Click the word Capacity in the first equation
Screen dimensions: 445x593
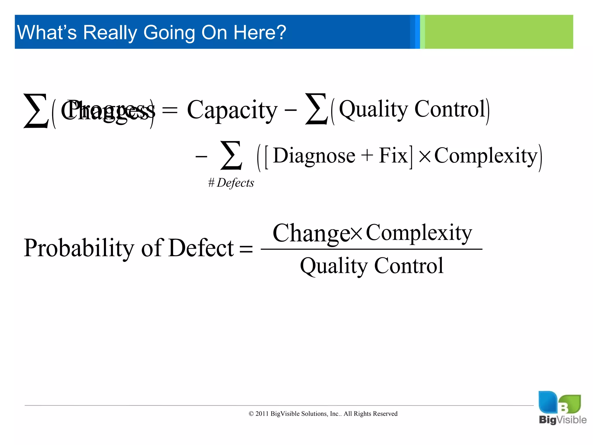(x=232, y=110)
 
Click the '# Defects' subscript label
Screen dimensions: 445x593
(x=231, y=183)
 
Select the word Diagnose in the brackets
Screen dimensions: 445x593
(x=314, y=156)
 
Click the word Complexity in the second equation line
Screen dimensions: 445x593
(x=486, y=156)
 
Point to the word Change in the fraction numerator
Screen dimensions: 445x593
(x=311, y=233)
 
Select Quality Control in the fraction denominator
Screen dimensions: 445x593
(x=371, y=266)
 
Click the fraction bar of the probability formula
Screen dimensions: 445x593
(x=371, y=249)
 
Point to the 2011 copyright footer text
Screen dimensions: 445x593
(x=323, y=414)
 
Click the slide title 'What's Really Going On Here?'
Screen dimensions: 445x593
(x=151, y=32)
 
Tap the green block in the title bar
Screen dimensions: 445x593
(x=498, y=32)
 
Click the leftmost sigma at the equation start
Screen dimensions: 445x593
(x=35, y=111)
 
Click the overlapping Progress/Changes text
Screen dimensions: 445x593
(x=107, y=110)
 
